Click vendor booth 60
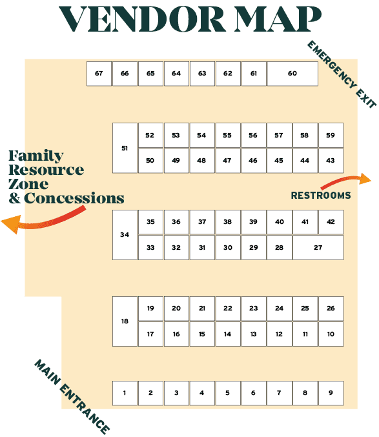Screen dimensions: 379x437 (x=292, y=74)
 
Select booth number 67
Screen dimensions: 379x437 (x=99, y=74)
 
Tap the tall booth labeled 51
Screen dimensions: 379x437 (x=125, y=148)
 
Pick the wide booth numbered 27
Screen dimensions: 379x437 (x=318, y=247)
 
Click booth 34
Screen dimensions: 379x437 (x=125, y=235)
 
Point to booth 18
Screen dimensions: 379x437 (x=125, y=321)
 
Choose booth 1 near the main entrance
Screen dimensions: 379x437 (x=125, y=393)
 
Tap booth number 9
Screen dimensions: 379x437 (x=331, y=393)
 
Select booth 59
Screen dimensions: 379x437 (x=331, y=135)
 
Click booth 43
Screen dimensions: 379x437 (x=331, y=161)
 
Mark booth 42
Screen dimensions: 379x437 (x=331, y=222)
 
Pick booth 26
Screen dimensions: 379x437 (x=331, y=309)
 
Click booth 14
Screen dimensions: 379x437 (x=228, y=334)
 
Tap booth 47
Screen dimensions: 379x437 (x=228, y=161)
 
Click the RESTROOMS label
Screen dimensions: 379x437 (x=321, y=196)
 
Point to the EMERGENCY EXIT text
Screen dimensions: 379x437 (x=342, y=74)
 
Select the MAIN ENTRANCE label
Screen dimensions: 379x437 (x=72, y=397)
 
